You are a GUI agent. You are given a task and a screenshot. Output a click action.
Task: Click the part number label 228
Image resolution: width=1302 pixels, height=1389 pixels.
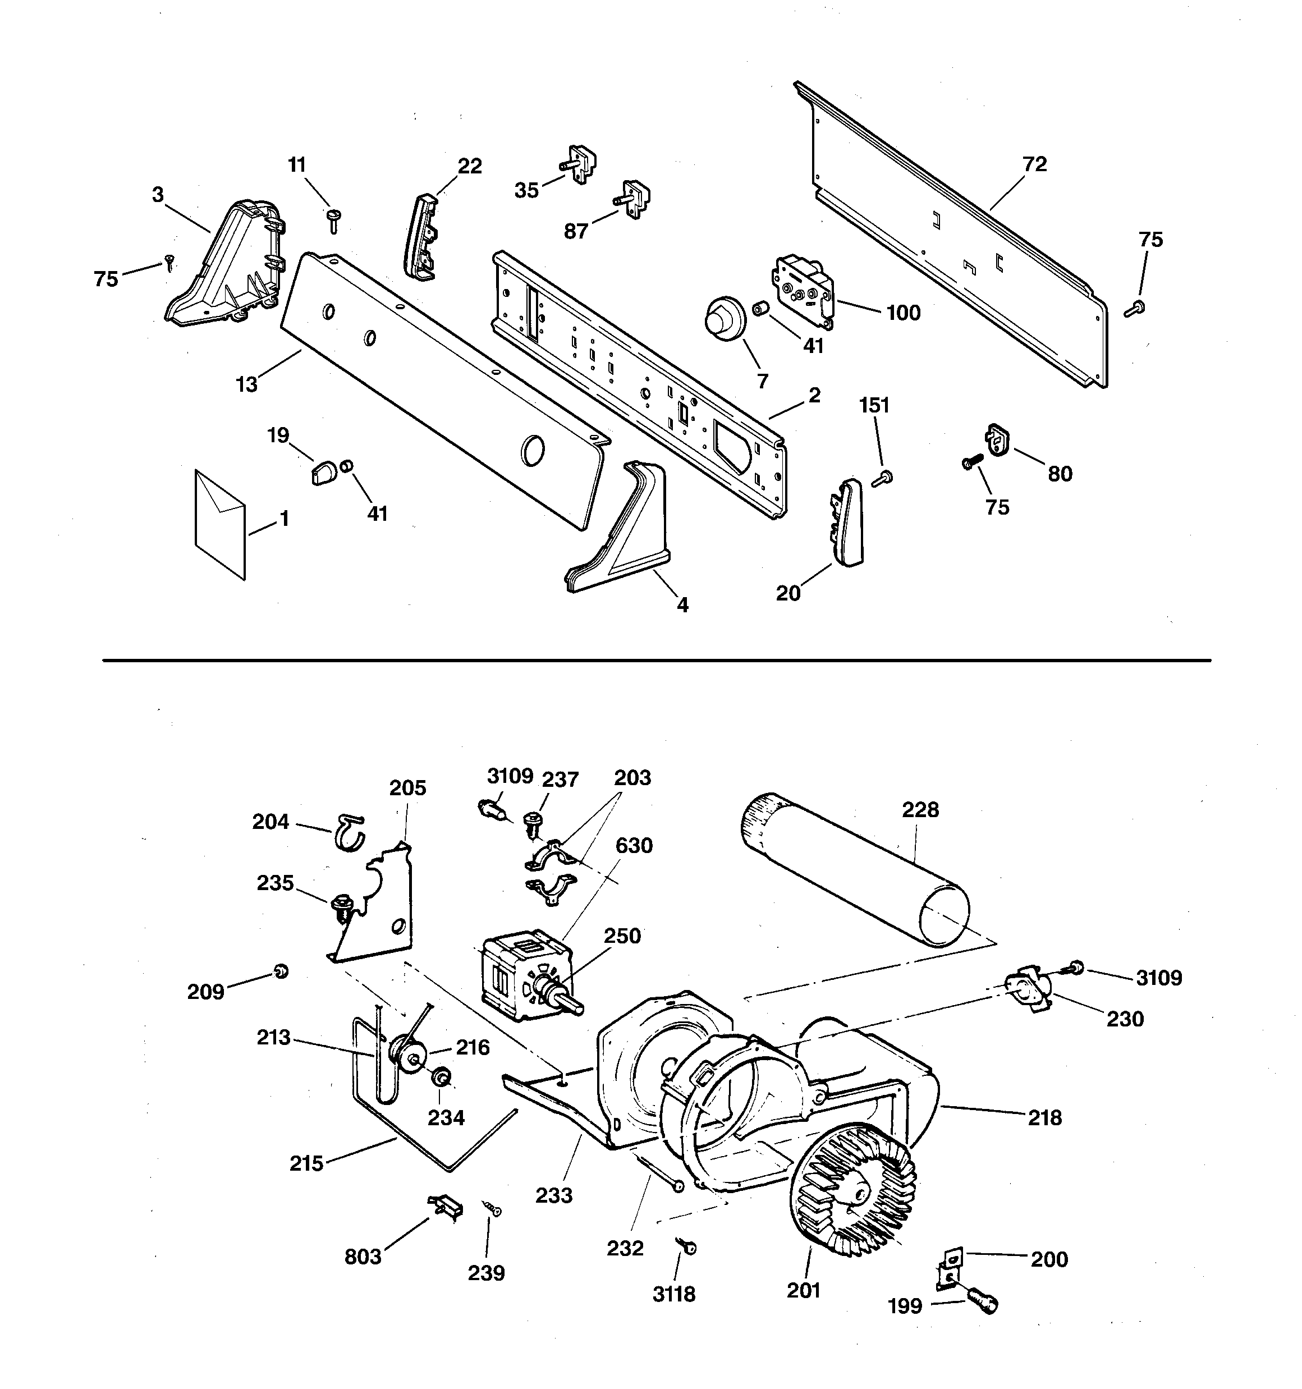[x=920, y=810]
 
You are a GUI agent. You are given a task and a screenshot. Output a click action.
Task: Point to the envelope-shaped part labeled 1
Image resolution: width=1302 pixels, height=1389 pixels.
[x=220, y=525]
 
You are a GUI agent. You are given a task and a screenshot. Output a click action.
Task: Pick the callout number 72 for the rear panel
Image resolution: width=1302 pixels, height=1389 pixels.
[x=1034, y=164]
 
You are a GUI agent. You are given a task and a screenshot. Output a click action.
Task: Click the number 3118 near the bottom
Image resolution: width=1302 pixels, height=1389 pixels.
[x=673, y=1295]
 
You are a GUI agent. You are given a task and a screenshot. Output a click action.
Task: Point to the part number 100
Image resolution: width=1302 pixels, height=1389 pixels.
[x=903, y=313]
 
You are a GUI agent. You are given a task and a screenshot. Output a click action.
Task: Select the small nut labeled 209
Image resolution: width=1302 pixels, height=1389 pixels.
[x=281, y=971]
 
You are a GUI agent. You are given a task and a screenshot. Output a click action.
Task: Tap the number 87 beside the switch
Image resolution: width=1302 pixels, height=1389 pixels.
[x=576, y=231]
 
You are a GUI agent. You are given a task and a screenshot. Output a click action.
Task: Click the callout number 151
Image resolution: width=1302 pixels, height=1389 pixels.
[x=874, y=405]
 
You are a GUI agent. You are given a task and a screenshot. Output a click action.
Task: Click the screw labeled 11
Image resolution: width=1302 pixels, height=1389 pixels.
[x=333, y=222]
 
